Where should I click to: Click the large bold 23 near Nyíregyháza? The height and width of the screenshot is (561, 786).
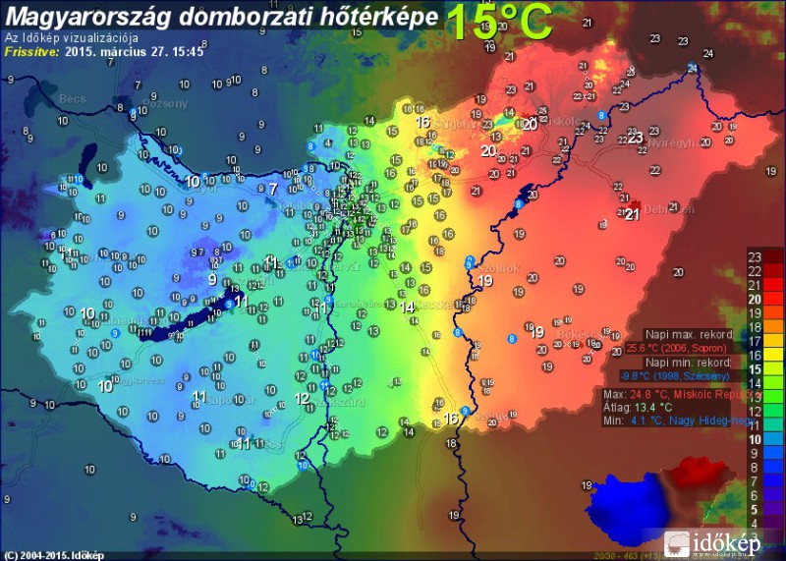(636, 138)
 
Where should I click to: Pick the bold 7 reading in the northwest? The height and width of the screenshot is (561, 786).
(273, 188)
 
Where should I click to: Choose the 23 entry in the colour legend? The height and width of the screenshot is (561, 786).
(755, 256)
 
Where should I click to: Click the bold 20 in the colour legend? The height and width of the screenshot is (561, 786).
(755, 298)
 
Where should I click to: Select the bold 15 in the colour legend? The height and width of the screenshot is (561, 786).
(755, 368)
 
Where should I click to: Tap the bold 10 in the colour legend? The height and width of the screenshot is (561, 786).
(755, 438)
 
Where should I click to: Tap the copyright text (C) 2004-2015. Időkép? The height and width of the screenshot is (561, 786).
(54, 555)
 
